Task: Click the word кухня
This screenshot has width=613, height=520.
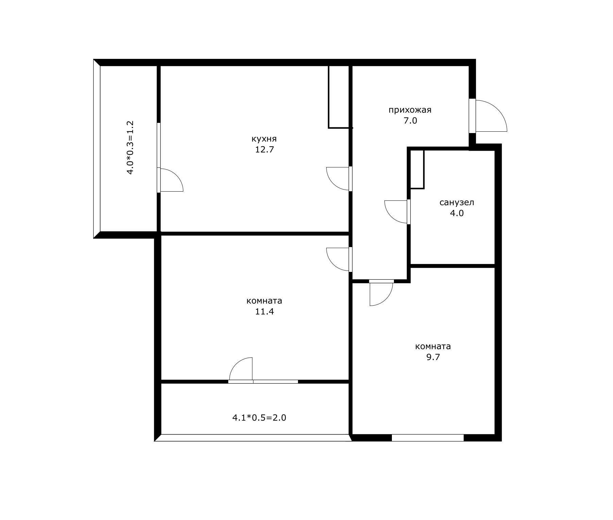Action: pos(264,139)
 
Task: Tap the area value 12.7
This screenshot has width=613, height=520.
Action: pos(264,149)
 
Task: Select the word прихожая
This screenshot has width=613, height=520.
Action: pos(410,110)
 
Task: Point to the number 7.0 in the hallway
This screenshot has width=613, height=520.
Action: pos(410,120)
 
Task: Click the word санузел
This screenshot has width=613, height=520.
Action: pos(457,203)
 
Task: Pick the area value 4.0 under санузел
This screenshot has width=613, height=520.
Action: pos(457,213)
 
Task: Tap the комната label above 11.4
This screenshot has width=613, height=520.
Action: pos(264,301)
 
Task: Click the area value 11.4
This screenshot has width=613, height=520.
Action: pos(264,311)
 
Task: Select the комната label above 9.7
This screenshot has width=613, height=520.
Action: pos(433,346)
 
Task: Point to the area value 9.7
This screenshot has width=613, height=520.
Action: pos(433,357)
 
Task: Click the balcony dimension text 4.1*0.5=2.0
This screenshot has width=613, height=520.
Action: pos(259,418)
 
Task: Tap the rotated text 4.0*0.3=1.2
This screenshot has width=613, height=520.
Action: pos(130,147)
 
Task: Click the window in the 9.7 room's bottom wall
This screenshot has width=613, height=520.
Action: pos(428,438)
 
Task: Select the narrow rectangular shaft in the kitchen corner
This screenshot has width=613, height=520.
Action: pos(339,97)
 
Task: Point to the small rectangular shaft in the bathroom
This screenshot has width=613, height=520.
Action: pos(417,169)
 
